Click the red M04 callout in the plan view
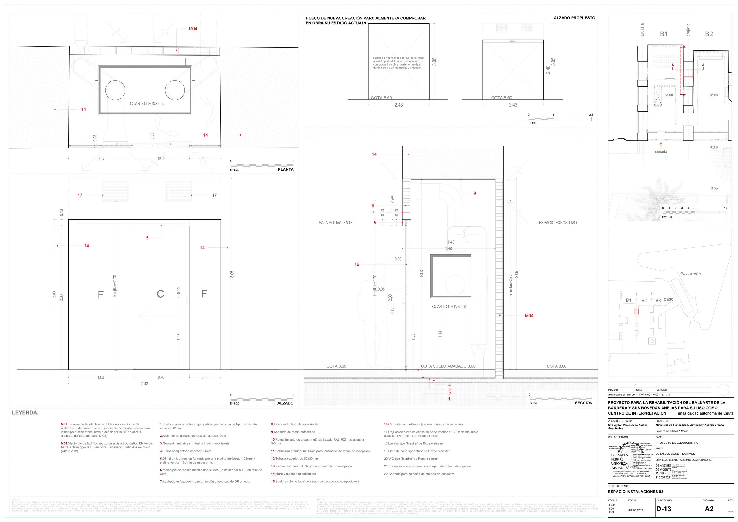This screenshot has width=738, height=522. click(x=193, y=29)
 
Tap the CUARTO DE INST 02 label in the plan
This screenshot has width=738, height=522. click(x=147, y=104)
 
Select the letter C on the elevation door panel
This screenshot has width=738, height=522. click(x=160, y=294)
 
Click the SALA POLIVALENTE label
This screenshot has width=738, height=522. click(x=336, y=223)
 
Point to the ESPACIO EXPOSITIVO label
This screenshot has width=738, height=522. click(x=558, y=223)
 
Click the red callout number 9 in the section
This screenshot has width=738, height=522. click(x=474, y=193)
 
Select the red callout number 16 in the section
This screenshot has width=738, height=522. click(x=357, y=265)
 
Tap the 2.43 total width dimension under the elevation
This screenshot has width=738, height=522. click(x=145, y=384)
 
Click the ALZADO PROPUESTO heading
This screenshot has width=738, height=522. click(x=574, y=18)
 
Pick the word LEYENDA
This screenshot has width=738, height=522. click(x=25, y=413)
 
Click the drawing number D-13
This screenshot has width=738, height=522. click(x=664, y=509)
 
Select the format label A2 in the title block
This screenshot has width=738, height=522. click(x=709, y=509)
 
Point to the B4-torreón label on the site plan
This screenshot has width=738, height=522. click(x=690, y=274)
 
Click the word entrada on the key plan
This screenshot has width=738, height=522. click(x=661, y=152)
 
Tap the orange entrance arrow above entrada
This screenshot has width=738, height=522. click(x=661, y=145)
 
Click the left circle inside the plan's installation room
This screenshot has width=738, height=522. click(x=115, y=90)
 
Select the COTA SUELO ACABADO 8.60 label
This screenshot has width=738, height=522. click(x=448, y=366)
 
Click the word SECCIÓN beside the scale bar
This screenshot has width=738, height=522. click(x=583, y=403)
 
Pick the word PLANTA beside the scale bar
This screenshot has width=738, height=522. click(x=286, y=169)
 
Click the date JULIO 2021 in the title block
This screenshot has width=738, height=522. click(x=636, y=510)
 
